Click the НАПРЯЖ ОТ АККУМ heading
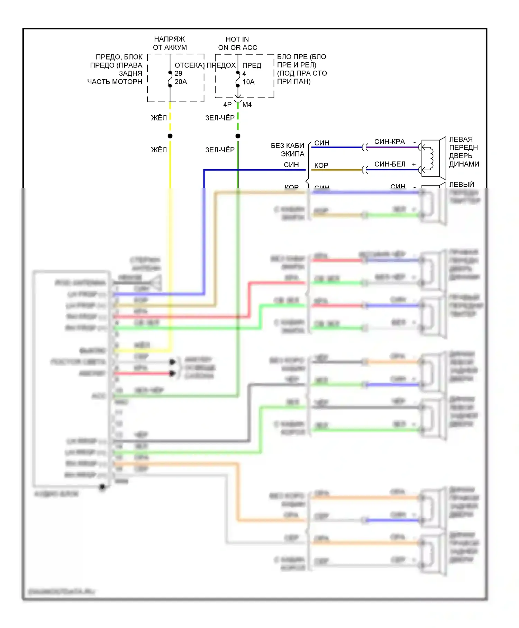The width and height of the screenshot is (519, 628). pos(170,43)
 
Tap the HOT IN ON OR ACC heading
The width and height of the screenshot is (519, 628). pos(237,43)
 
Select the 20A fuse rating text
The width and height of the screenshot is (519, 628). pos(181,82)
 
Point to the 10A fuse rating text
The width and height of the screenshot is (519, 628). pos(248,82)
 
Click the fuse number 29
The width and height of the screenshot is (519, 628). pos(178,73)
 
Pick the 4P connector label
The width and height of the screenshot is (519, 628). pos(227,105)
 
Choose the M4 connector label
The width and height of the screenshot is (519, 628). pos(247,105)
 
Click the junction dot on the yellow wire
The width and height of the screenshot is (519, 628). pos(170,136)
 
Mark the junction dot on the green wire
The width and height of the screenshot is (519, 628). pos(238,136)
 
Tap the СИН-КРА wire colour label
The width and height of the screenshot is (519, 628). pos(389,142)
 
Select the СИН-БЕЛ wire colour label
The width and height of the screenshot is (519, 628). pos(390,164)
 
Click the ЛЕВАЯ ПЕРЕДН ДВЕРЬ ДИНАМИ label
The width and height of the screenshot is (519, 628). pos(464,152)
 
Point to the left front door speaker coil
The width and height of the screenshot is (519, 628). pos(431,158)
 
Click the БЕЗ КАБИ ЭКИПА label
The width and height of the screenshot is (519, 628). pos(288,150)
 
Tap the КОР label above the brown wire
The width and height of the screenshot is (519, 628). pos(321,165)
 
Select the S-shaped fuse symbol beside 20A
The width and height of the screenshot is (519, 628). pos(170,80)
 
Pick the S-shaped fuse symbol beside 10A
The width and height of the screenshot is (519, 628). pos(238,80)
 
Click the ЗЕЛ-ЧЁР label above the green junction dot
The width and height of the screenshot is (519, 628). pos(220,118)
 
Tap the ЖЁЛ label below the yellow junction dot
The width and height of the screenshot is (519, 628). pos(159,150)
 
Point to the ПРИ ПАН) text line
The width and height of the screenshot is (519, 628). pos(294,82)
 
